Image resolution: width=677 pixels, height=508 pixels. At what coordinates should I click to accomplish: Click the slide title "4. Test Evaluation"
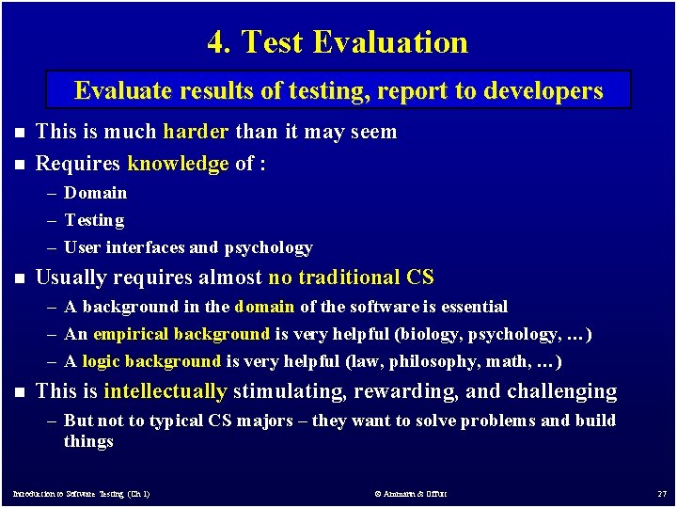(338, 42)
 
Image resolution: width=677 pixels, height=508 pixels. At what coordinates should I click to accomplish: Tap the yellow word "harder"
(196, 132)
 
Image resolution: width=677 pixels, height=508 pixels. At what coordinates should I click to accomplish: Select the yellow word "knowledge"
(178, 164)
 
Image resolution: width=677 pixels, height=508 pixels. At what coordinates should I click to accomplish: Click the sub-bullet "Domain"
(95, 193)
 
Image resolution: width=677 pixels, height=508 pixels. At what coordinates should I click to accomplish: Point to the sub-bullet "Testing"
(94, 220)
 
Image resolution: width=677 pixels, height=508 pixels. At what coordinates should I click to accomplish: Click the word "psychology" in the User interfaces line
(268, 247)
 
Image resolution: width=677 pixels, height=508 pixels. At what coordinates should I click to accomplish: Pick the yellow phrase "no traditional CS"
(352, 278)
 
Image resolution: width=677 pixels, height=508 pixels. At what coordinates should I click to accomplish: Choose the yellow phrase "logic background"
(151, 361)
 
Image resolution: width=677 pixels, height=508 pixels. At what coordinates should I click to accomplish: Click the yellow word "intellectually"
(165, 391)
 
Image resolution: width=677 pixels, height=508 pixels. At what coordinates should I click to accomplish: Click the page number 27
(661, 494)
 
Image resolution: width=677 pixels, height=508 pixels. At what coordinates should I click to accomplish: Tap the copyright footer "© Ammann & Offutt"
(410, 494)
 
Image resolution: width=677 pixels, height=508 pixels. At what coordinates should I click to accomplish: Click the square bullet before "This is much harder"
(20, 133)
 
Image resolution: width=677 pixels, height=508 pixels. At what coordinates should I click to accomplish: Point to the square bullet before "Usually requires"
(20, 278)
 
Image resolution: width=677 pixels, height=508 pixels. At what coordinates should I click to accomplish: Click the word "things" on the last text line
(88, 441)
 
